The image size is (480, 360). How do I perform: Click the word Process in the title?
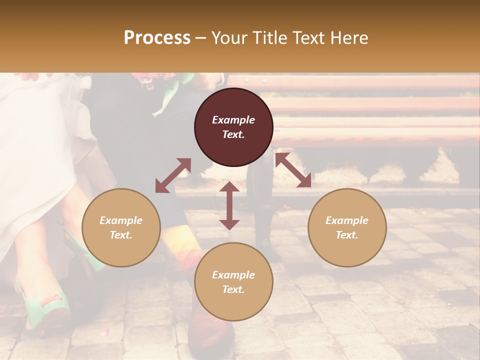(x=157, y=38)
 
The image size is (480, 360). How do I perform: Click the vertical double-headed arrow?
(x=229, y=205)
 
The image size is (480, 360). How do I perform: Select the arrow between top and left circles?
(x=173, y=175)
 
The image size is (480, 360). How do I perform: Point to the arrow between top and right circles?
(x=293, y=170)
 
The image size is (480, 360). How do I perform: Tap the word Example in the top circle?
(x=233, y=120)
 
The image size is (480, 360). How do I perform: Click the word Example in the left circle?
(x=121, y=220)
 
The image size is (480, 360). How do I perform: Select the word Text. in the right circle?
(x=347, y=235)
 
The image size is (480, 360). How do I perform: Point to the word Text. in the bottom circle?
(x=233, y=289)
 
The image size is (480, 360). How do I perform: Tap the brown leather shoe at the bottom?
(x=210, y=327)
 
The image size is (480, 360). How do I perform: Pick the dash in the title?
(x=200, y=38)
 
